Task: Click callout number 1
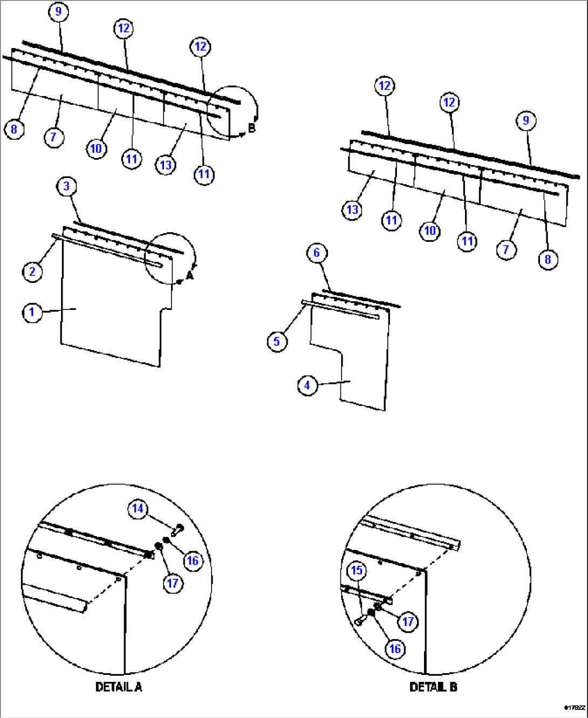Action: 32,312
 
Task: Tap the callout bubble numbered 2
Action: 32,271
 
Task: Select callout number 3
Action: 66,186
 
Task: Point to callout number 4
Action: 307,385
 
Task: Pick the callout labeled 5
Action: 277,341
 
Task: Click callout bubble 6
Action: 317,252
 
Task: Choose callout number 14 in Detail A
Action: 138,509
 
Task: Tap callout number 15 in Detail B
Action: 357,571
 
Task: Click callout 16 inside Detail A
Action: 193,560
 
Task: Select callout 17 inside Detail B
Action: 408,621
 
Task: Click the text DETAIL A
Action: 119,687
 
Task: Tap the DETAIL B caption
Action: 433,687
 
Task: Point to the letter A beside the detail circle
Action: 189,276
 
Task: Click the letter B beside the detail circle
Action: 251,128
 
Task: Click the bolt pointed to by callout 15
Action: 359,621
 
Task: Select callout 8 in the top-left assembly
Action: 14,129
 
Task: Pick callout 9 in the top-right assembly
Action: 526,120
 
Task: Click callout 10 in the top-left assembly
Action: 96,148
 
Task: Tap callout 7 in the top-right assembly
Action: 506,249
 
